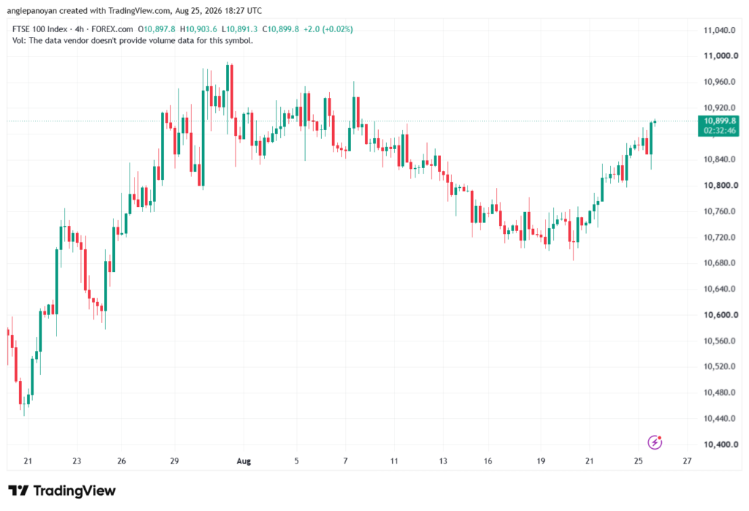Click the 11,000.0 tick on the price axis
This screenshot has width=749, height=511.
click(720, 56)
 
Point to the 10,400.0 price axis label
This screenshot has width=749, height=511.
click(720, 444)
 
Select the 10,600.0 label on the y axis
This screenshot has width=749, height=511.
click(720, 315)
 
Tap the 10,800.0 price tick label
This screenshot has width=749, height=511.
click(720, 185)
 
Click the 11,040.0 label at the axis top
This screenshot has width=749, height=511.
click(720, 30)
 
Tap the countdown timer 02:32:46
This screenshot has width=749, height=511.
click(720, 131)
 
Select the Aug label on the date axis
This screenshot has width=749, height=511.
click(244, 461)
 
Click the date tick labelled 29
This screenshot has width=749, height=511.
click(174, 461)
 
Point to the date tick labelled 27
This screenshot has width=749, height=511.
click(687, 461)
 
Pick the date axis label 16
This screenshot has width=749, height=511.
click(488, 461)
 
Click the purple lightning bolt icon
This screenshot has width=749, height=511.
click(655, 442)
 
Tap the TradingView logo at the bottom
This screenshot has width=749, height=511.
click(62, 491)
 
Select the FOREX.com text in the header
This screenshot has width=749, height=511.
click(112, 29)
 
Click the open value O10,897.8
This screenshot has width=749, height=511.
click(157, 29)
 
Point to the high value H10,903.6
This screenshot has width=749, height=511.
click(198, 29)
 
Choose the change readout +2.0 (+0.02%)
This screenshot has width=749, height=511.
click(328, 29)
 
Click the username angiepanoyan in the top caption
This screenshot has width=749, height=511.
click(32, 10)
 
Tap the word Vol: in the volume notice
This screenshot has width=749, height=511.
click(19, 41)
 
